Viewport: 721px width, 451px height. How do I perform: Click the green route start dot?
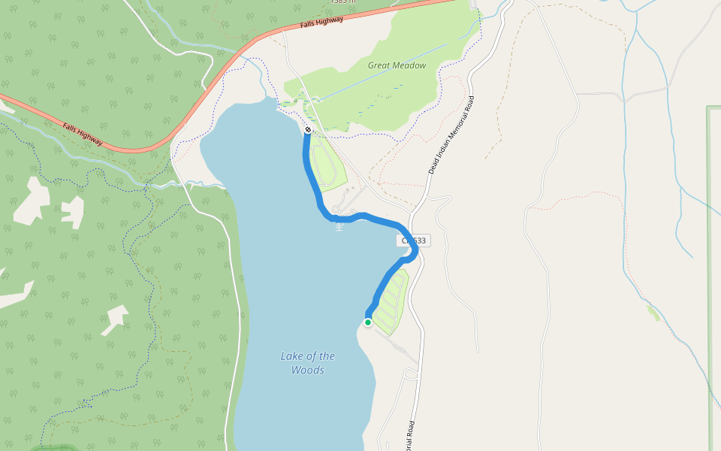(368, 322)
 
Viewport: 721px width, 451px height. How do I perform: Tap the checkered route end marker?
(308, 130)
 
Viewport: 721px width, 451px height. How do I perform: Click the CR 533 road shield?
(414, 241)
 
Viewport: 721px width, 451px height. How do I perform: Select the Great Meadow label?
(397, 65)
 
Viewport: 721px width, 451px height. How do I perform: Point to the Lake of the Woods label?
(308, 363)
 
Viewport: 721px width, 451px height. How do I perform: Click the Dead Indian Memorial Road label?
(451, 135)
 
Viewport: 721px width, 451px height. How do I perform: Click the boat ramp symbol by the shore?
(339, 226)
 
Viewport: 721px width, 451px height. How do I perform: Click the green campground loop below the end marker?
(327, 165)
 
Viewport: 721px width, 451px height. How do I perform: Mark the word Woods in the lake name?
(308, 370)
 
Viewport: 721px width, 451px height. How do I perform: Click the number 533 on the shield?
(418, 241)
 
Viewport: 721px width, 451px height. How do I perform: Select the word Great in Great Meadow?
(379, 65)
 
